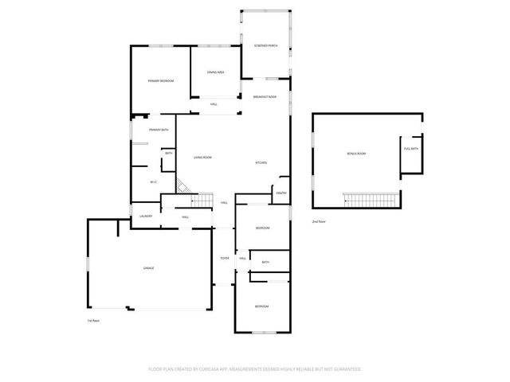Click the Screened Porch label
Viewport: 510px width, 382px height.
[265, 46]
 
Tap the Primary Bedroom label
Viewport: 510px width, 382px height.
[161, 81]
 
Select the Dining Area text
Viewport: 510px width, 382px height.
[215, 72]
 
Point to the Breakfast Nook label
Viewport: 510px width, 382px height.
[265, 96]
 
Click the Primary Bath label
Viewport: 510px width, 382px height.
[159, 130]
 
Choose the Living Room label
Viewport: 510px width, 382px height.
[202, 158]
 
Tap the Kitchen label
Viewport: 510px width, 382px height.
[261, 163]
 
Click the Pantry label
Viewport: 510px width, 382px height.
[281, 193]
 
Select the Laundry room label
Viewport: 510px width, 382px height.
[146, 216]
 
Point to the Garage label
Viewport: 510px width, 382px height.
[148, 268]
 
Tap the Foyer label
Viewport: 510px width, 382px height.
[225, 258]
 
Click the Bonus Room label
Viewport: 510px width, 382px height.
[356, 153]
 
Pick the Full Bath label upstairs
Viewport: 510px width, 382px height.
[411, 149]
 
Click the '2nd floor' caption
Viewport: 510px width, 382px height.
[319, 221]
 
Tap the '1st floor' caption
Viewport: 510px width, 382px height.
[93, 321]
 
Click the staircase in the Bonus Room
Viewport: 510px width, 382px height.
[370, 198]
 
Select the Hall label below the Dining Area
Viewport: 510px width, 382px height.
[214, 104]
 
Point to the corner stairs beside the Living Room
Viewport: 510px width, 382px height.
[183, 188]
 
